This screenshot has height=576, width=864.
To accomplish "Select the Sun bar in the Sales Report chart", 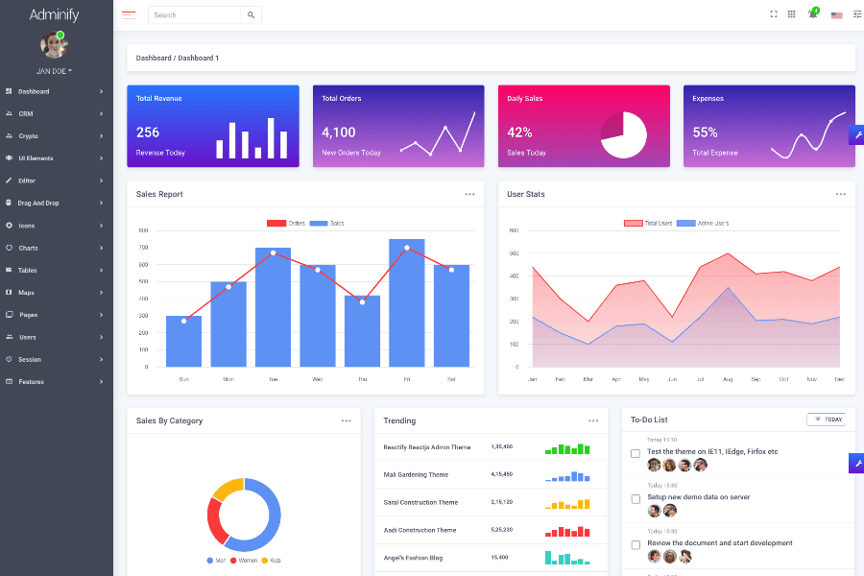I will [183, 341].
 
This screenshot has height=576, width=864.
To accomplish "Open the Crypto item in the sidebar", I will [29, 136].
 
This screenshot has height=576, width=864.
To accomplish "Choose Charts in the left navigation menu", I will [29, 248].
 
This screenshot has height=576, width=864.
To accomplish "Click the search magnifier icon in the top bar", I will [251, 15].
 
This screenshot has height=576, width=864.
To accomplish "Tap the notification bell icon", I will [812, 14].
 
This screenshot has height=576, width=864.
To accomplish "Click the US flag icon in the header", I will [836, 15].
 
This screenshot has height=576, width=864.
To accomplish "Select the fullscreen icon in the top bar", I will [774, 14].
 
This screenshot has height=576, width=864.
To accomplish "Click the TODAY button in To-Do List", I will [827, 420].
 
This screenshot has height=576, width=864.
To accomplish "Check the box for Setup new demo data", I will [636, 498].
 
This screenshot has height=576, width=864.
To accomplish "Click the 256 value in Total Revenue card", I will [148, 132].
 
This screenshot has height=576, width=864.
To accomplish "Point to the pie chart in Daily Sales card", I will [624, 135].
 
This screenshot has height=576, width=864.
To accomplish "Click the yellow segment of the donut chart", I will [228, 489].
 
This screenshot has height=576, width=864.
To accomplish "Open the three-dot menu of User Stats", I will [841, 194].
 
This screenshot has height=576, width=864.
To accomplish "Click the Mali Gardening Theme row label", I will [416, 474].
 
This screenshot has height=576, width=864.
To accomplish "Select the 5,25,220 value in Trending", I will [501, 530].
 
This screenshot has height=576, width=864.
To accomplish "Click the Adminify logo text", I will [56, 14].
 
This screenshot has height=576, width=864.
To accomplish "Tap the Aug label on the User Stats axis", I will [728, 379].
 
